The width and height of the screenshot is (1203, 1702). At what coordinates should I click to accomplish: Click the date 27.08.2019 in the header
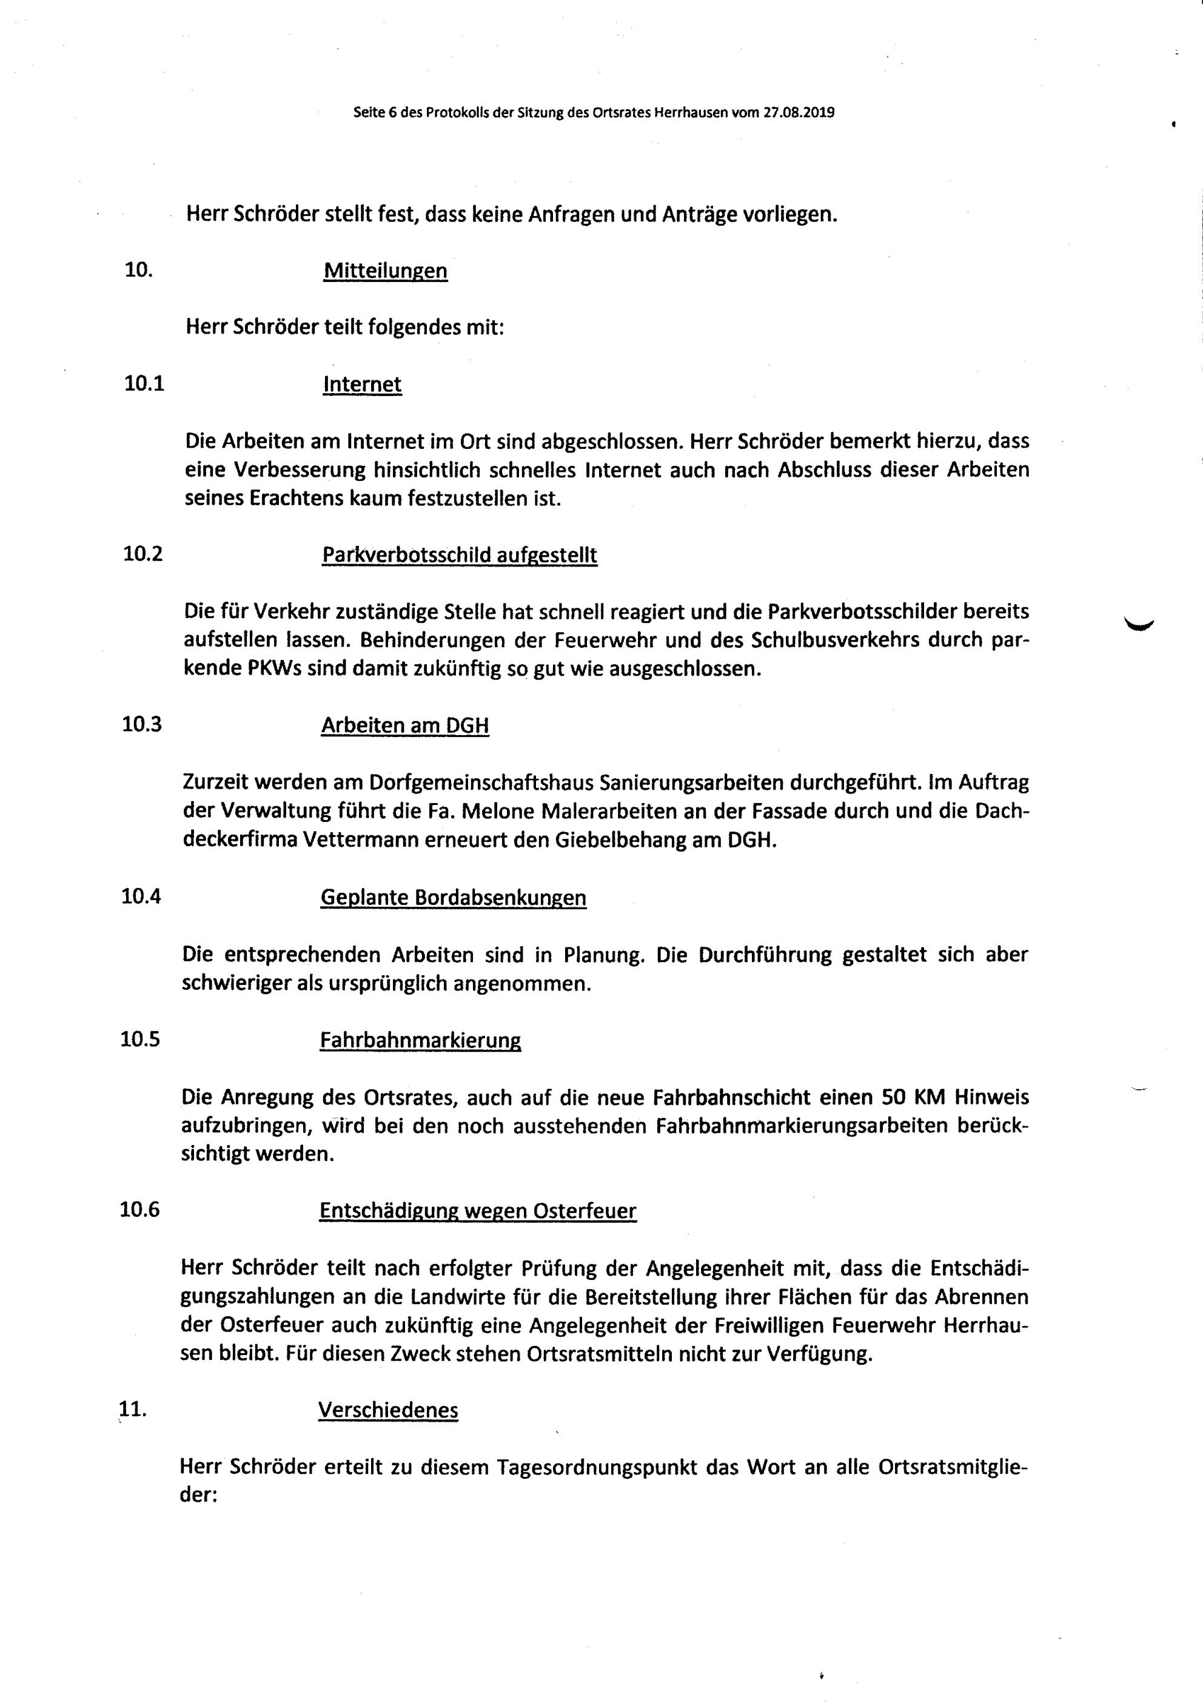point(799,113)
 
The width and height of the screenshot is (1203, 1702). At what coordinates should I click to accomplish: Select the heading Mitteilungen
point(386,271)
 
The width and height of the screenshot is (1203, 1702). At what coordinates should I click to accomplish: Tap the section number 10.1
point(144,383)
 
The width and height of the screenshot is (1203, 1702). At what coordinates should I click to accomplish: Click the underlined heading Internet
point(363,384)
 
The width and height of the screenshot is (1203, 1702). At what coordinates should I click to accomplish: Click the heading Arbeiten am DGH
point(404,725)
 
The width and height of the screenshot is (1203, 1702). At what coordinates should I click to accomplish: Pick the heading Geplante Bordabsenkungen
point(453,898)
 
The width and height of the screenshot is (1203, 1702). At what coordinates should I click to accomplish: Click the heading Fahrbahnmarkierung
point(420,1040)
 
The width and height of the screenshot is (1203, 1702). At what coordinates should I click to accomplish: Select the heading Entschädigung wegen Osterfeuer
point(477,1211)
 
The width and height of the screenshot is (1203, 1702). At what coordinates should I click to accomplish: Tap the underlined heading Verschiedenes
point(387,1410)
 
